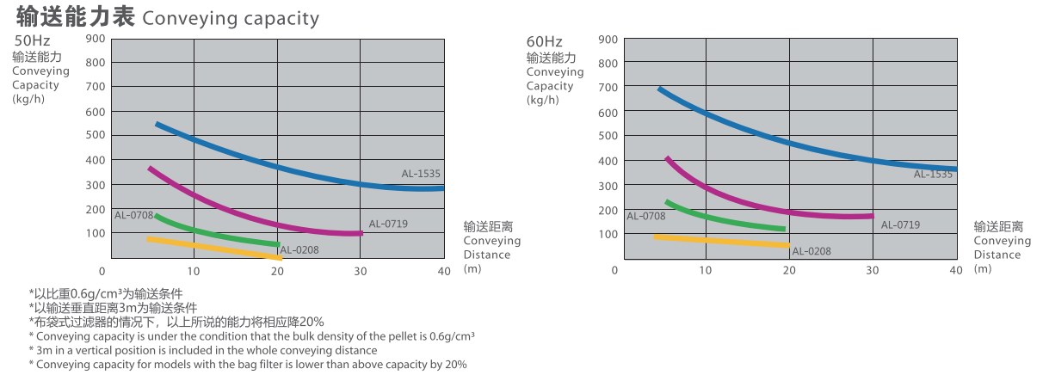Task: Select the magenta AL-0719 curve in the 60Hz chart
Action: [x=757, y=207]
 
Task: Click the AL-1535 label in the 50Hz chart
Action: [x=421, y=174]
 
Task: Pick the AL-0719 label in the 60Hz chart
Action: [x=900, y=225]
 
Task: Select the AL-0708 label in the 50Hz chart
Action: [x=133, y=214]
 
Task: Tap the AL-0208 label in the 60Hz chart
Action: [x=811, y=251]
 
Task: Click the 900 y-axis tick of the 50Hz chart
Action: [x=95, y=38]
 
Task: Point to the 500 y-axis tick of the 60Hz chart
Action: [x=608, y=136]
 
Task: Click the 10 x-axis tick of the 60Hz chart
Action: [x=706, y=271]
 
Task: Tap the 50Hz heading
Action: [x=32, y=40]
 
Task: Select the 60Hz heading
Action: [x=544, y=41]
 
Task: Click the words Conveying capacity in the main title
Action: [x=231, y=17]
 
